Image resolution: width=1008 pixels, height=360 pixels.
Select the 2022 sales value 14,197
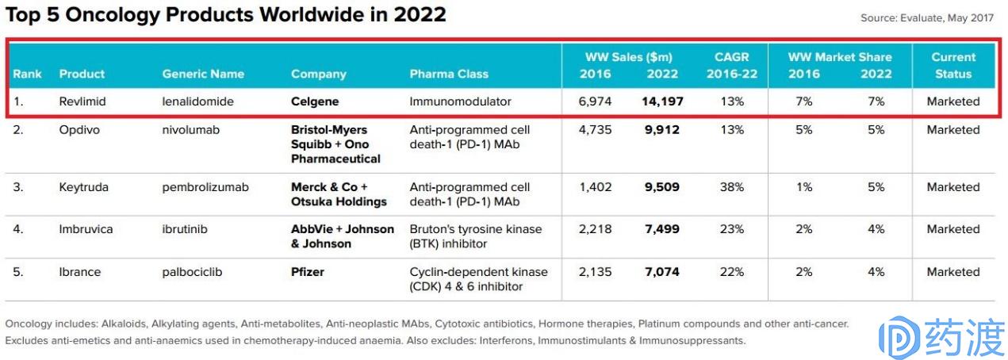tap(662, 101)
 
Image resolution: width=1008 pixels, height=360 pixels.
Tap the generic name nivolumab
tap(191, 129)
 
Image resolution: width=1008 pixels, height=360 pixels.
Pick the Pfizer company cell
tap(308, 272)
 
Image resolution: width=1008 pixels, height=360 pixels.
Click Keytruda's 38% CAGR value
tap(732, 187)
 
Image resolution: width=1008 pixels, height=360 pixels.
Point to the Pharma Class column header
tap(449, 74)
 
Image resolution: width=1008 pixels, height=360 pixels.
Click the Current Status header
tap(953, 65)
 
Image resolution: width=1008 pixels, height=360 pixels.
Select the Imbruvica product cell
tap(86, 229)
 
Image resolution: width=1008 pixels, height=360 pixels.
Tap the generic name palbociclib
tap(192, 272)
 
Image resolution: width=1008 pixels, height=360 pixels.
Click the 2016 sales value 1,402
tap(596, 187)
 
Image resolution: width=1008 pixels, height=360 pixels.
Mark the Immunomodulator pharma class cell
tap(460, 101)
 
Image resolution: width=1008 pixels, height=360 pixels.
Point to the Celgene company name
tap(315, 101)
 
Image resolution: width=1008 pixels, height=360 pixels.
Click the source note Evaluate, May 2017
tap(926, 18)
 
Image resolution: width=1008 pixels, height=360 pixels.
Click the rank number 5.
tap(17, 272)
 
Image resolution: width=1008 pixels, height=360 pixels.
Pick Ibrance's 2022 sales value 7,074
tap(662, 272)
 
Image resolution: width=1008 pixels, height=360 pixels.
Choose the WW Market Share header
tap(839, 57)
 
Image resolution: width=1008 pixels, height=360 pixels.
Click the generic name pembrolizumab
tap(205, 187)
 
